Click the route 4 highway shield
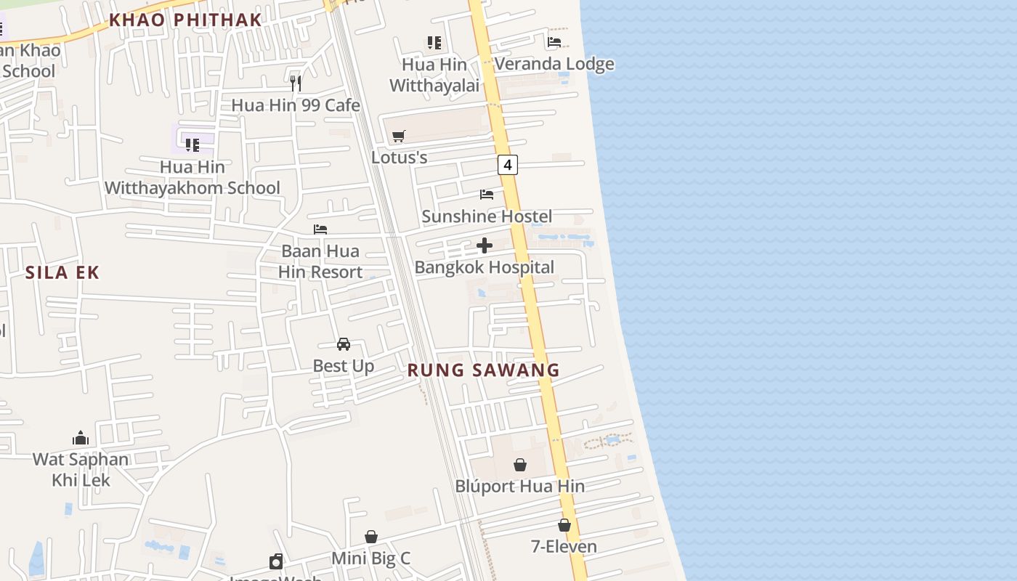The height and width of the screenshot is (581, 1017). pyautogui.click(x=508, y=165)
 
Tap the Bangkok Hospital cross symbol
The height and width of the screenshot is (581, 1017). pyautogui.click(x=485, y=245)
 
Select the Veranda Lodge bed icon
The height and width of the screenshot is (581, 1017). pyautogui.click(x=554, y=41)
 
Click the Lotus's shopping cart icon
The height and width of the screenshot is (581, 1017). pyautogui.click(x=398, y=136)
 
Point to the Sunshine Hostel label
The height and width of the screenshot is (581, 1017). pyautogui.click(x=487, y=216)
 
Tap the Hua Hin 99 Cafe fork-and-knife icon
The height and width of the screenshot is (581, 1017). pyautogui.click(x=296, y=83)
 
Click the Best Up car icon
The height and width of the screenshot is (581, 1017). pyautogui.click(x=344, y=344)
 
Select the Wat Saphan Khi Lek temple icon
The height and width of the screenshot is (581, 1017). pyautogui.click(x=81, y=438)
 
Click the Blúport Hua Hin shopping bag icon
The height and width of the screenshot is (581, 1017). pyautogui.click(x=520, y=465)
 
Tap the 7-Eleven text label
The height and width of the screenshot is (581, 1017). pyautogui.click(x=564, y=547)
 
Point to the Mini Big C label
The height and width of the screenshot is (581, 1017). pyautogui.click(x=370, y=558)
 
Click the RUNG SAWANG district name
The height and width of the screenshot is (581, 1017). pyautogui.click(x=483, y=370)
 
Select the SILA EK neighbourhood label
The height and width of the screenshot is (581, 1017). pyautogui.click(x=62, y=273)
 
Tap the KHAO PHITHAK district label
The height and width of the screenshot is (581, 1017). pyautogui.click(x=185, y=20)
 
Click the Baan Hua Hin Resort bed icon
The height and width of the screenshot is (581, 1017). pyautogui.click(x=320, y=229)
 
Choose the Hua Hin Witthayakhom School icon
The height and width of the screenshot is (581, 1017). pyautogui.click(x=193, y=145)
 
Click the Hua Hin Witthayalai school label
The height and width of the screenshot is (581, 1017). pyautogui.click(x=434, y=75)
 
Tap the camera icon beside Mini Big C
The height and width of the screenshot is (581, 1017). pyautogui.click(x=276, y=561)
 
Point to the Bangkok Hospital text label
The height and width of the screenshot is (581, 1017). pyautogui.click(x=484, y=267)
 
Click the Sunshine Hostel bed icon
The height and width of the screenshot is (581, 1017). pyautogui.click(x=487, y=194)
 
